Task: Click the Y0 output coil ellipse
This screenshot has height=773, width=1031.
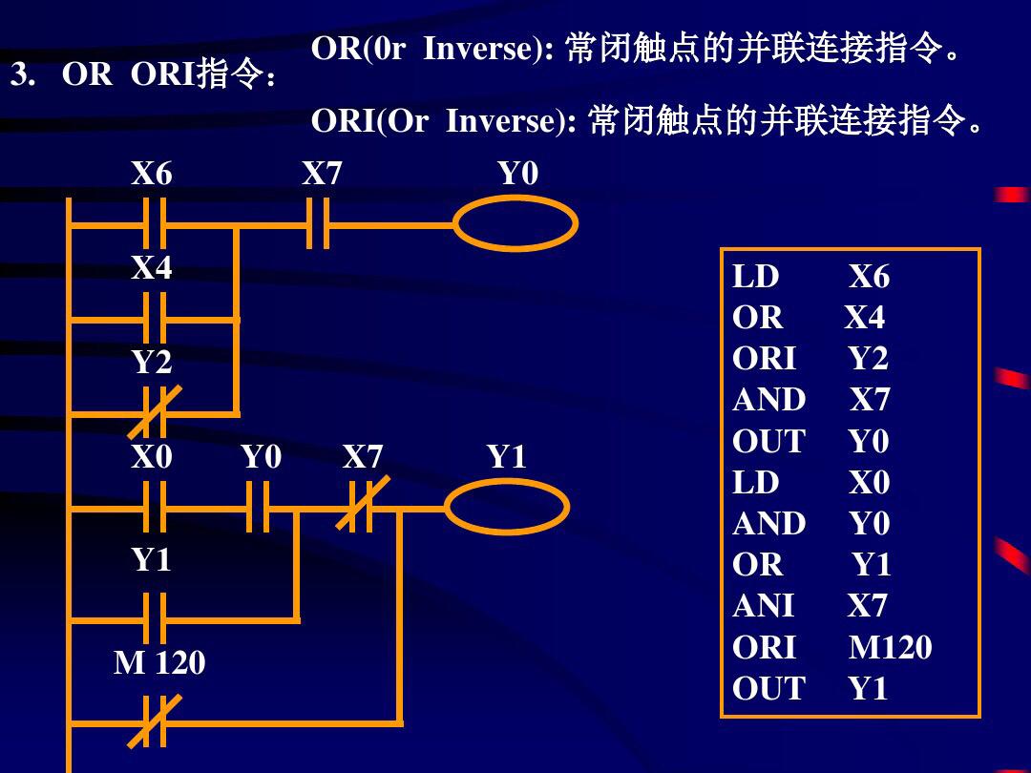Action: click(x=515, y=224)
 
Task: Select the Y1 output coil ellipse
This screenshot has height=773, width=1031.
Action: click(x=507, y=506)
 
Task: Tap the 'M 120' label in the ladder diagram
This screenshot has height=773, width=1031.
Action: click(x=159, y=662)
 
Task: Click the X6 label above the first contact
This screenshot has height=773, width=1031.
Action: click(x=152, y=174)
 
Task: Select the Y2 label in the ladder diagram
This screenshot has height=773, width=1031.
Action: click(x=152, y=363)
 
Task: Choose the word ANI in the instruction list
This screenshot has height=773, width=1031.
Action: click(x=763, y=606)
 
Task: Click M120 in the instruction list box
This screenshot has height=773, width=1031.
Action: click(x=890, y=648)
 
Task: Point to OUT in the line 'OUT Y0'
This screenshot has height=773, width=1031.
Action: click(x=768, y=442)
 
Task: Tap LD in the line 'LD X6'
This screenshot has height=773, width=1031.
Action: click(x=756, y=278)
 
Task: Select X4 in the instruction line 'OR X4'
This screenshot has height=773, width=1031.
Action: click(x=864, y=318)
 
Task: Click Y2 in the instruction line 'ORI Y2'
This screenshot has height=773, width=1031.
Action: click(x=868, y=359)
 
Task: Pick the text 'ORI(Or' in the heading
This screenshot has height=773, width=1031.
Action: click(x=369, y=121)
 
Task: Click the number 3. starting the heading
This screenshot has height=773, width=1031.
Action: click(x=23, y=74)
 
